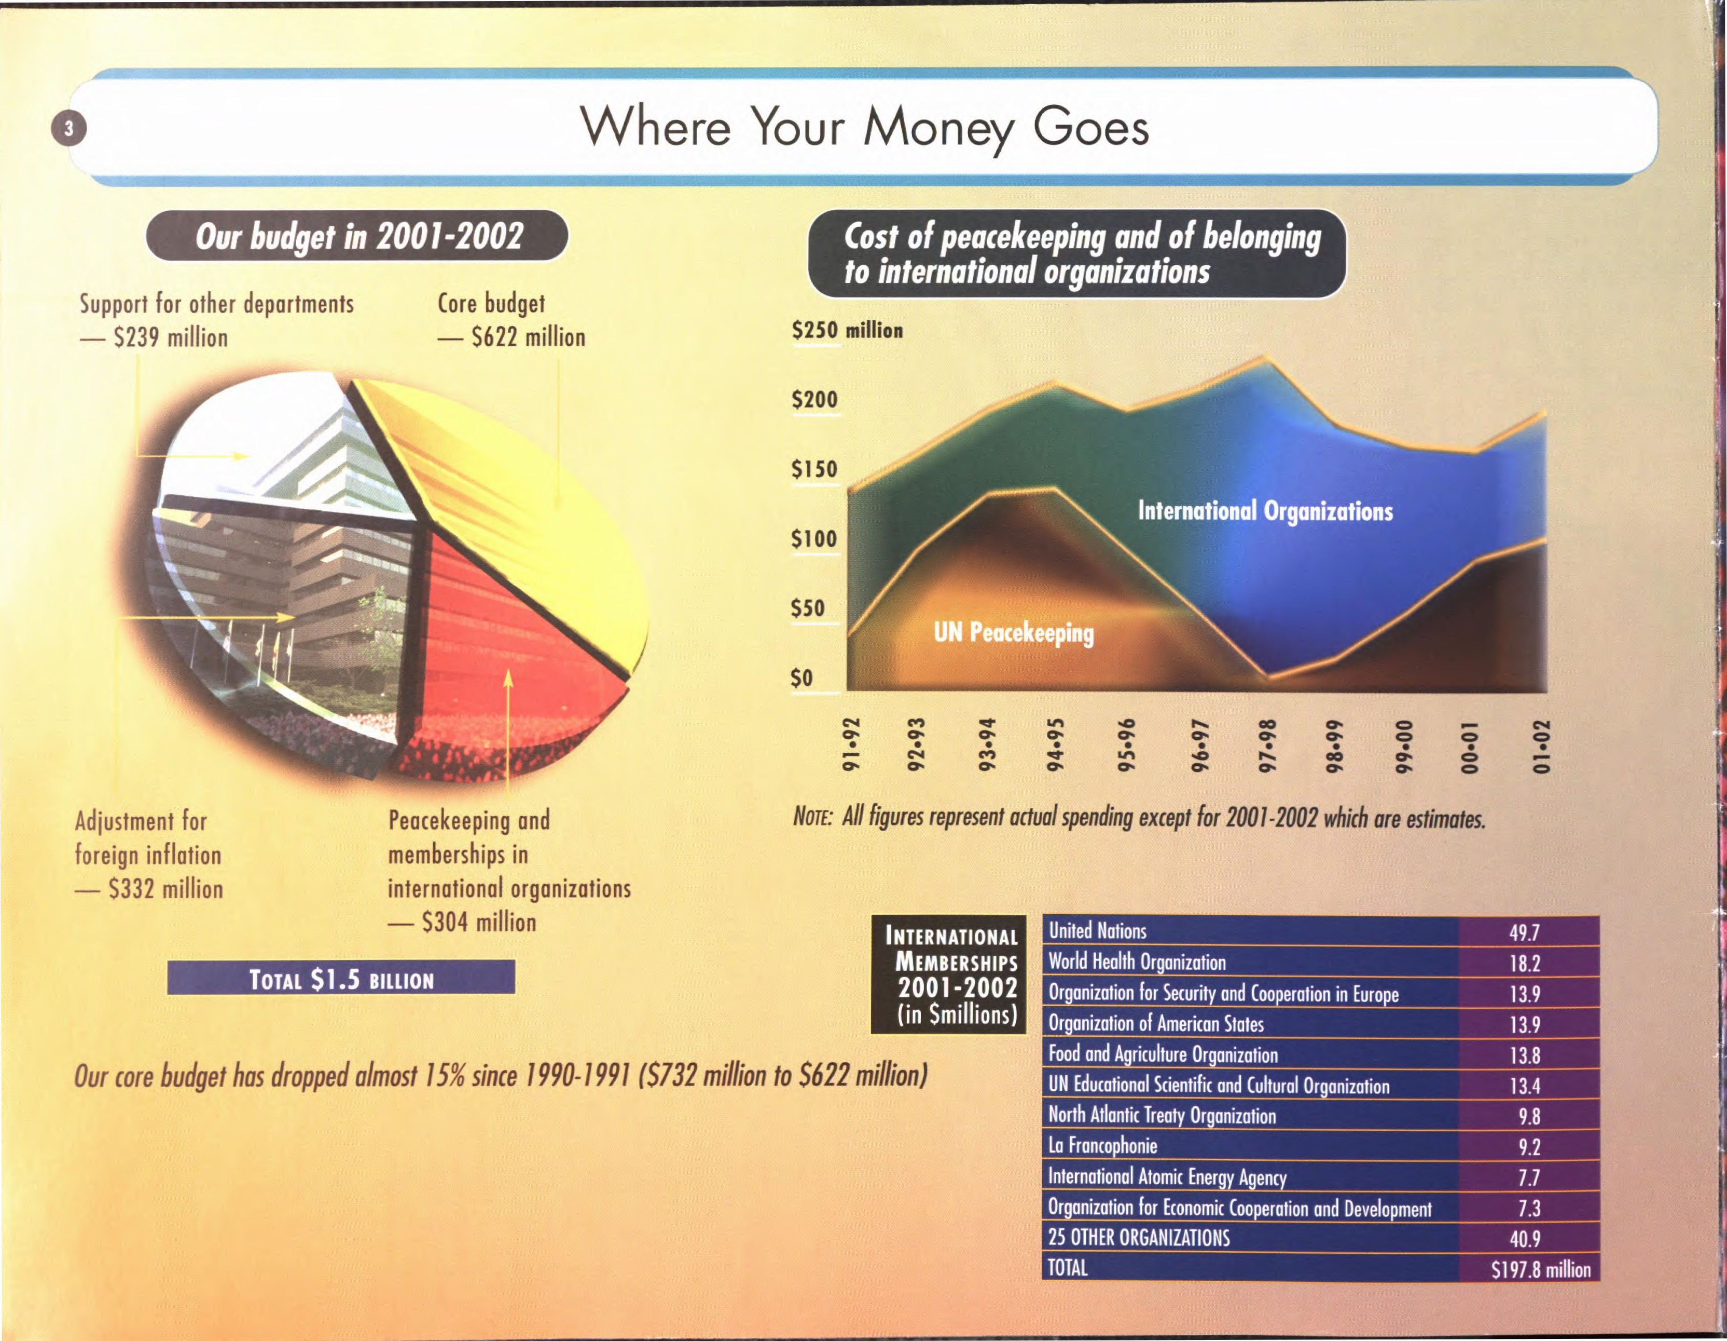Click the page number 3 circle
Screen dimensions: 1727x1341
pos(69,128)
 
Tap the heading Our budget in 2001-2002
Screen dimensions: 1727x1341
pos(357,236)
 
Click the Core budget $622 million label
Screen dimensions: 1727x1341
pos(512,320)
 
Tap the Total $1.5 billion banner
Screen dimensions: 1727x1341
pos(341,979)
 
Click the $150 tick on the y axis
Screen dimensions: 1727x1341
pos(814,469)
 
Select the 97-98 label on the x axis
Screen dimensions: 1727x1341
pos(1267,746)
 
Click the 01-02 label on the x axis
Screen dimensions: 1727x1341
pos(1542,746)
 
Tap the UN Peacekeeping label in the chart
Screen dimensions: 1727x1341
pos(1014,633)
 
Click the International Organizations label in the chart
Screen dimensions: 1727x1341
pos(1265,511)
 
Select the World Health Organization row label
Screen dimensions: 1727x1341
pos(1137,962)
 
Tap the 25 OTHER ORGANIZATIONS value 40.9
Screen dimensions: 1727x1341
pos(1525,1239)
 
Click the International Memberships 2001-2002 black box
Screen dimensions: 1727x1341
pos(949,974)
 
